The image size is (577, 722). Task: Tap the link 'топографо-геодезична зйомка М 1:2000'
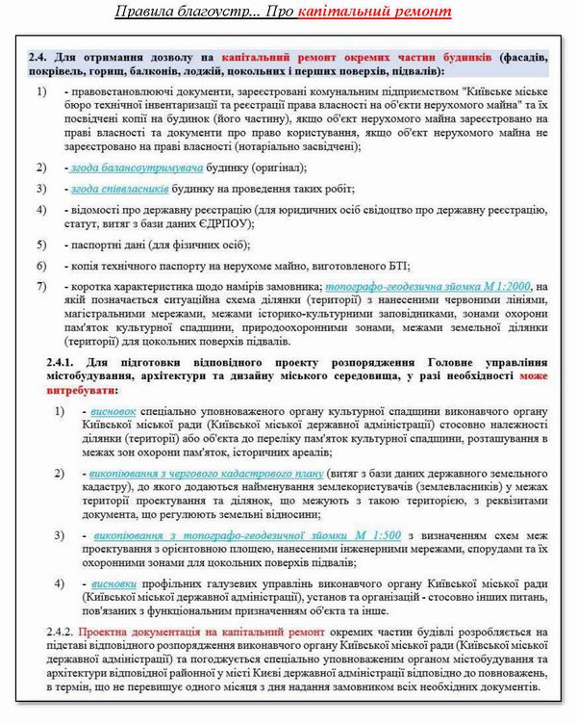pyautogui.click(x=428, y=286)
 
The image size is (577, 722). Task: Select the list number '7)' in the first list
pyautogui.click(x=41, y=287)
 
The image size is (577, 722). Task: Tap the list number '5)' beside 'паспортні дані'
pyautogui.click(x=41, y=245)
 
